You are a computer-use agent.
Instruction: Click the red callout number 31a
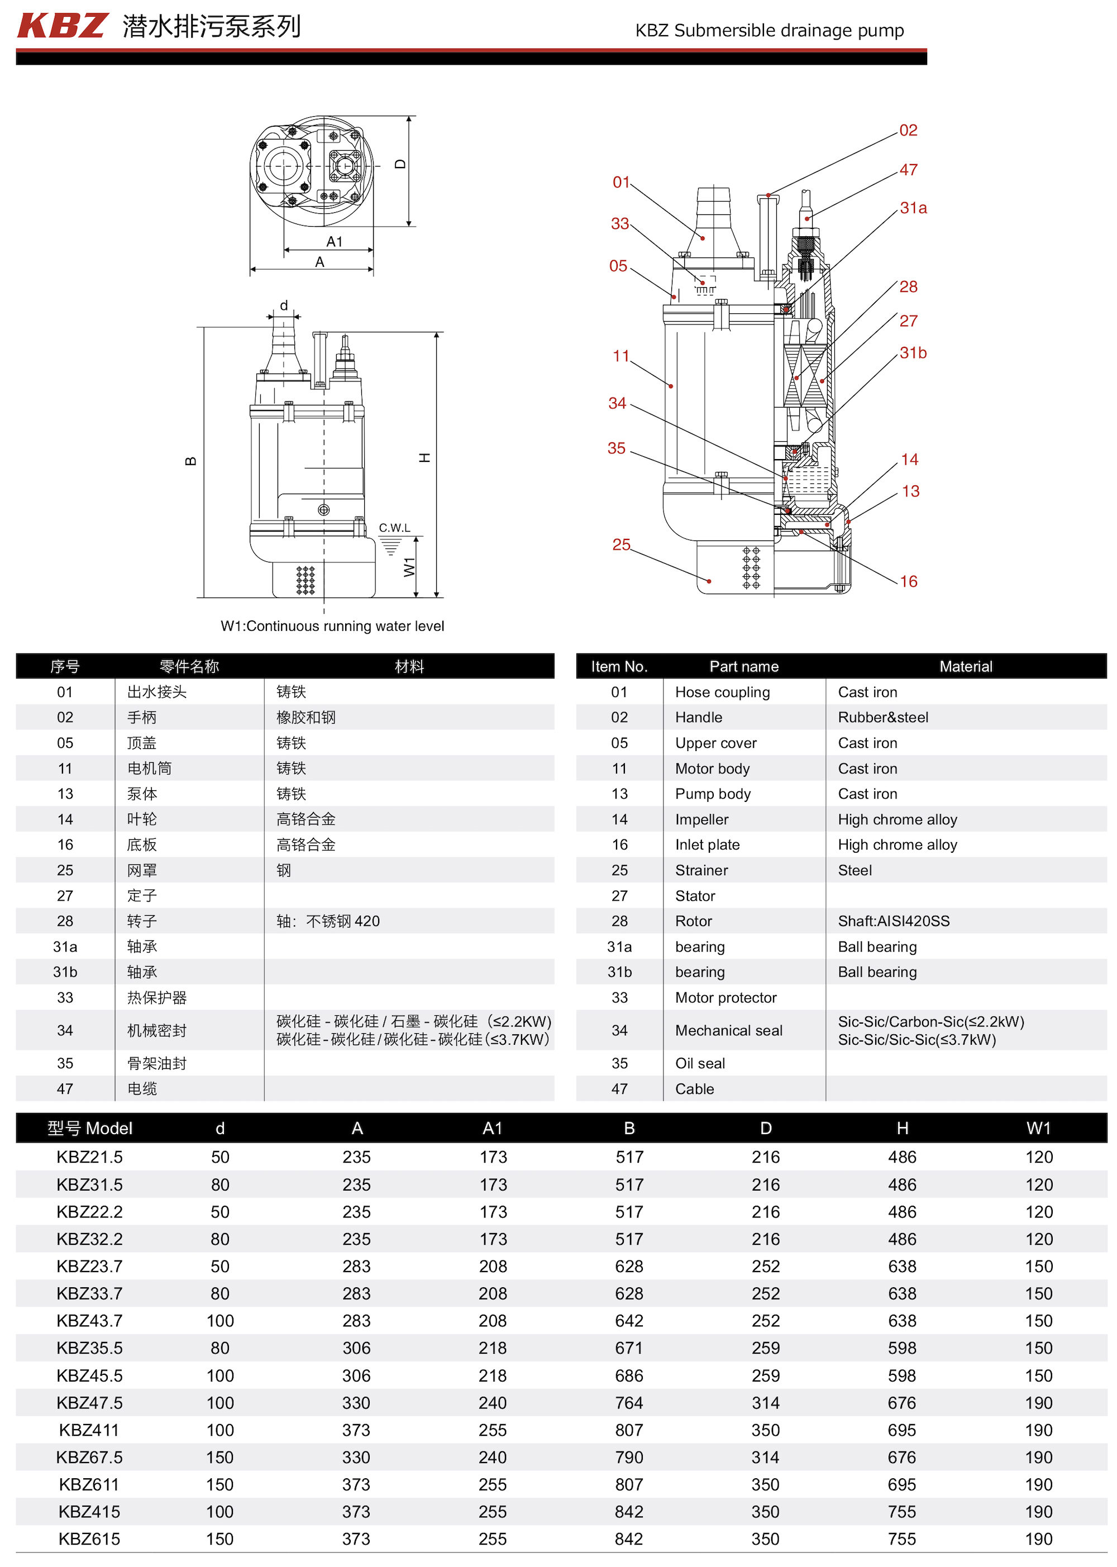point(913,208)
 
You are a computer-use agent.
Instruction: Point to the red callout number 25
point(621,544)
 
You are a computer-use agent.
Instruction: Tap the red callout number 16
point(909,582)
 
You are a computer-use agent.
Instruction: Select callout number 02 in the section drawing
point(908,131)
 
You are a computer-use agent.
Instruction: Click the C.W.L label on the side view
point(394,528)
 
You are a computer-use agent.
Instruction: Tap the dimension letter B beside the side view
point(191,461)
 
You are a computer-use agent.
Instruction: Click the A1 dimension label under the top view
point(335,242)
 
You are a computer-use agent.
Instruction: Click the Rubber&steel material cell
point(882,718)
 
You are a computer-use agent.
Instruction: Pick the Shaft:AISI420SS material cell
point(893,921)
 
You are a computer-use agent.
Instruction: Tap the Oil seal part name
point(699,1064)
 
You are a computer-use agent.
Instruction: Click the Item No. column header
point(619,667)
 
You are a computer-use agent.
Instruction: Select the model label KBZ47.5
point(89,1403)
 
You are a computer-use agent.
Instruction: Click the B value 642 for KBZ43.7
point(629,1321)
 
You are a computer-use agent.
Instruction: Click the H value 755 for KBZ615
point(902,1539)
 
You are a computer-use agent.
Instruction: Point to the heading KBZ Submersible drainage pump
point(769,31)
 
